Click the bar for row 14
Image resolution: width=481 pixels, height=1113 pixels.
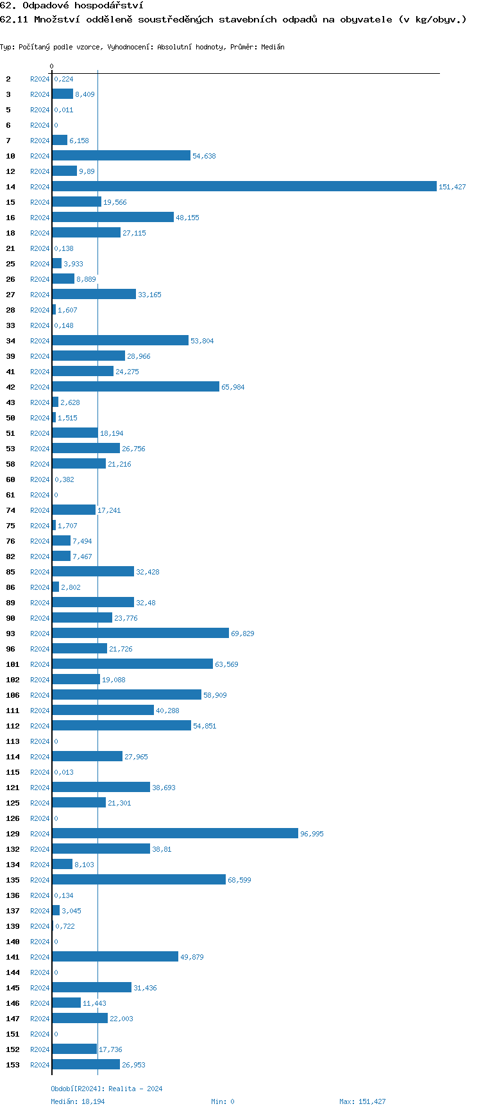(244, 187)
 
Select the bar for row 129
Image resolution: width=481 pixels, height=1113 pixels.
(175, 834)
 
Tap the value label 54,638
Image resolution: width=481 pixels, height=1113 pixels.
(204, 156)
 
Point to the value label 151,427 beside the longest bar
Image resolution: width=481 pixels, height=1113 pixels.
(452, 187)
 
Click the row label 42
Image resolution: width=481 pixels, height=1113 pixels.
(11, 387)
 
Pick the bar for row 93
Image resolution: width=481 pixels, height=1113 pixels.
(140, 634)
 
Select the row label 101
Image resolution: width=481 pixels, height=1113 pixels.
(13, 664)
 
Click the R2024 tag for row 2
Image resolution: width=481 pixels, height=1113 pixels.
(40, 79)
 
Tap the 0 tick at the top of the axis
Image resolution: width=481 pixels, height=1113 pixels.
(52, 67)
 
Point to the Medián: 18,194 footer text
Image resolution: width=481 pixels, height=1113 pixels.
(78, 1101)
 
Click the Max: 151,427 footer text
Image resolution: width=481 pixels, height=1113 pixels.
(362, 1101)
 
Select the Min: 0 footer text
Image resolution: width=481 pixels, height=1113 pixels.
(223, 1101)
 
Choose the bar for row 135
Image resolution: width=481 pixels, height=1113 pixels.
(139, 880)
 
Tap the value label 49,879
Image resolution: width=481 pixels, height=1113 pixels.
(192, 957)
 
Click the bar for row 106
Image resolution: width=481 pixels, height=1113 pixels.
(126, 695)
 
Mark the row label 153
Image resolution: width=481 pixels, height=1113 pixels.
(13, 1065)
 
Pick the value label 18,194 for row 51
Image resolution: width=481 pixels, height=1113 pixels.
(112, 433)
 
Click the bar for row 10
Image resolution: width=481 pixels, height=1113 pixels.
(121, 156)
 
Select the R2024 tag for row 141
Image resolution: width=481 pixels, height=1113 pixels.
(40, 957)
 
